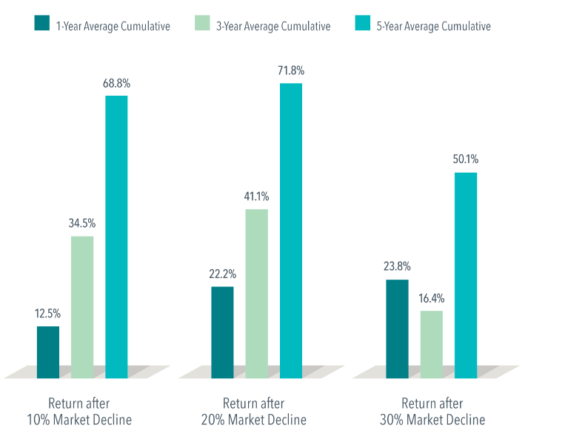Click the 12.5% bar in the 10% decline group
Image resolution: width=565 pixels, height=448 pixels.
click(x=48, y=352)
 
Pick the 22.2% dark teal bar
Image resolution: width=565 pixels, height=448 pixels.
click(x=222, y=332)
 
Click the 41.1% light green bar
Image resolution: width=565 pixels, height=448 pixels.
click(x=256, y=294)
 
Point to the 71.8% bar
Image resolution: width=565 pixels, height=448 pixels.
click(x=290, y=231)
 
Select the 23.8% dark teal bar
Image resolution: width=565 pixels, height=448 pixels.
click(x=397, y=329)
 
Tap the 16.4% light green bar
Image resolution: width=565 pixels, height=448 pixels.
click(x=431, y=344)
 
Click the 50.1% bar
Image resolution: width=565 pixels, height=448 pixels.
click(x=465, y=275)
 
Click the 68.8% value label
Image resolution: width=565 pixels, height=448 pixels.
click(x=116, y=82)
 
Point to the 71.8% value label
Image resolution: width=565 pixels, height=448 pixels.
click(x=290, y=70)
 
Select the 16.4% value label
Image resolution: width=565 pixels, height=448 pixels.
click(x=431, y=298)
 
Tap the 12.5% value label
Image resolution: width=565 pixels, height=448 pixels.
click(x=48, y=313)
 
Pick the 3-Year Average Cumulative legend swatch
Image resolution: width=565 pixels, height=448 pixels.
click(x=201, y=25)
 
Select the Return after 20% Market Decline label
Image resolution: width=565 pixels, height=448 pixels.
click(x=253, y=412)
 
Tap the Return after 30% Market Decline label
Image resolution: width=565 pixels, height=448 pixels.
click(x=432, y=412)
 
